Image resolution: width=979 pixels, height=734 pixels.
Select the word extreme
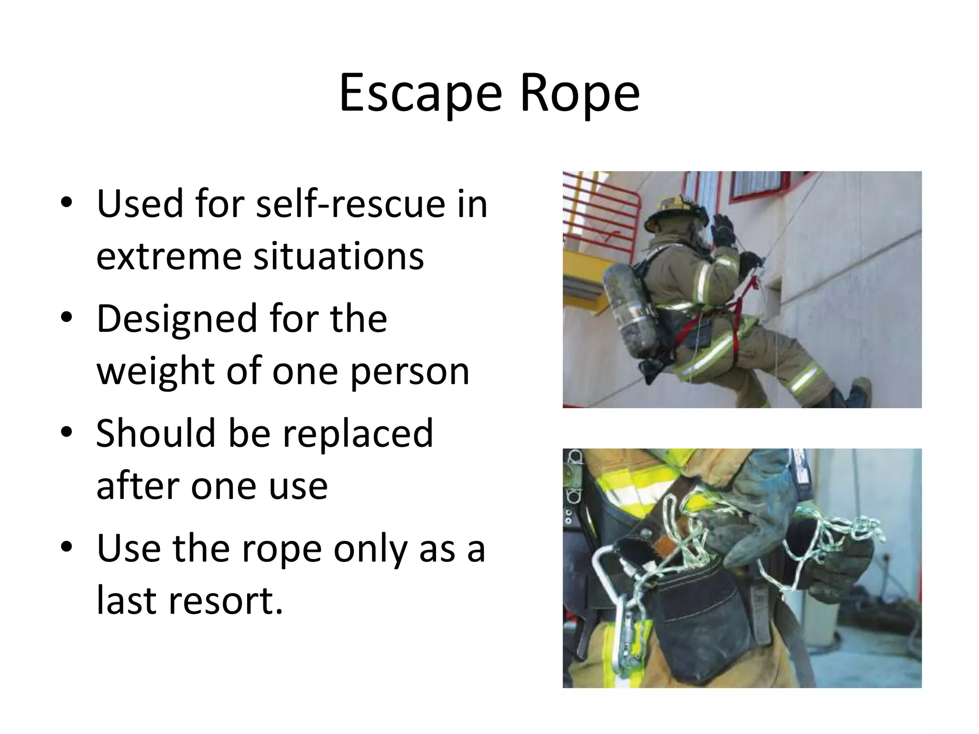coord(169,257)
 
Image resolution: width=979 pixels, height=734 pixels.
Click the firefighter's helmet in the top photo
coord(676,215)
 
